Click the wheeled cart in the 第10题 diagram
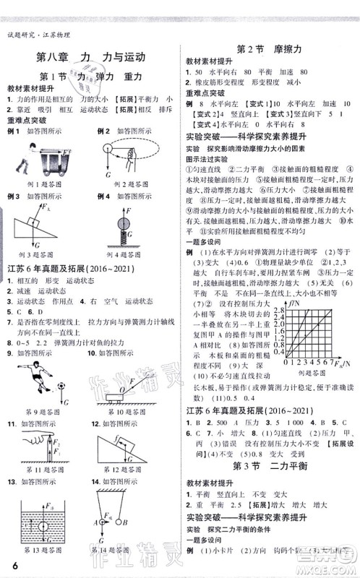[113, 397]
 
